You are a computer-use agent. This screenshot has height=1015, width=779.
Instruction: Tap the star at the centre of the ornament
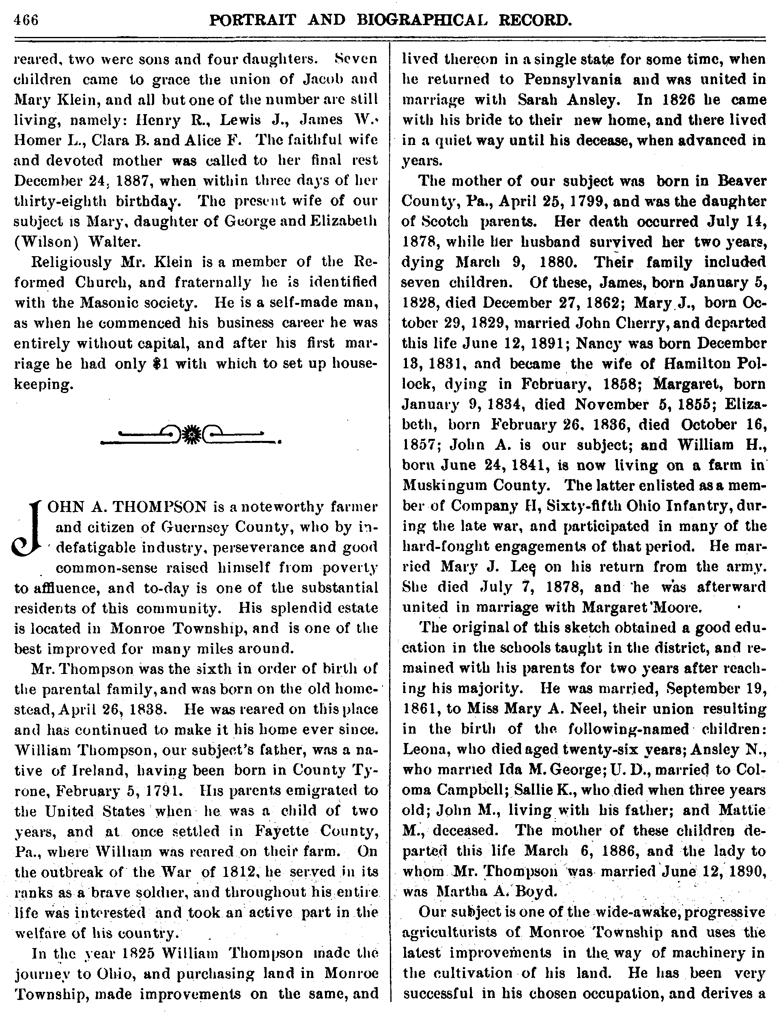tap(191, 435)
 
